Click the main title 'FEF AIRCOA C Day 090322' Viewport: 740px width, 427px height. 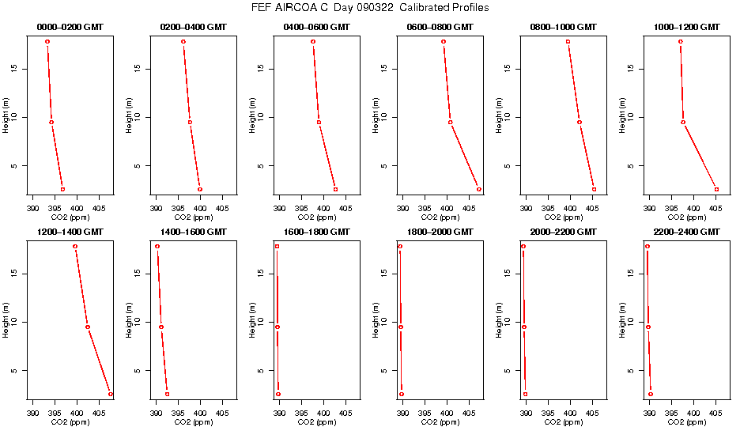tap(369, 8)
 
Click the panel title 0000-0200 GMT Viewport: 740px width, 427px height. tap(70, 27)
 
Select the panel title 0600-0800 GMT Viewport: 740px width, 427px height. tap(440, 27)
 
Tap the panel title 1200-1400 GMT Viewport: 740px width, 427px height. tap(70, 232)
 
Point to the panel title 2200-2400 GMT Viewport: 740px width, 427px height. tap(687, 232)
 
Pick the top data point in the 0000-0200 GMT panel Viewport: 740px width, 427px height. tap(47, 41)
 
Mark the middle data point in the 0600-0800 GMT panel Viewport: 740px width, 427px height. tap(451, 122)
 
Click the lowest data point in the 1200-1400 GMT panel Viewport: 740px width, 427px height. tap(111, 394)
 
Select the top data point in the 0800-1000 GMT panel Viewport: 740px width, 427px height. tap(568, 41)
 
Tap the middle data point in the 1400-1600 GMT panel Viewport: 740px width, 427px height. tap(161, 327)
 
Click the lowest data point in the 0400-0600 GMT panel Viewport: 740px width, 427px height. tap(335, 189)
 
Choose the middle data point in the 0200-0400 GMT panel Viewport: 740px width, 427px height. tap(190, 122)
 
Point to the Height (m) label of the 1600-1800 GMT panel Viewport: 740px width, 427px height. tap(252, 319)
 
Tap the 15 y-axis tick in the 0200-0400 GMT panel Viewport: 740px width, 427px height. tap(138, 68)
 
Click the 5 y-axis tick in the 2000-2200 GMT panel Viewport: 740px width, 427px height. tap(508, 370)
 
